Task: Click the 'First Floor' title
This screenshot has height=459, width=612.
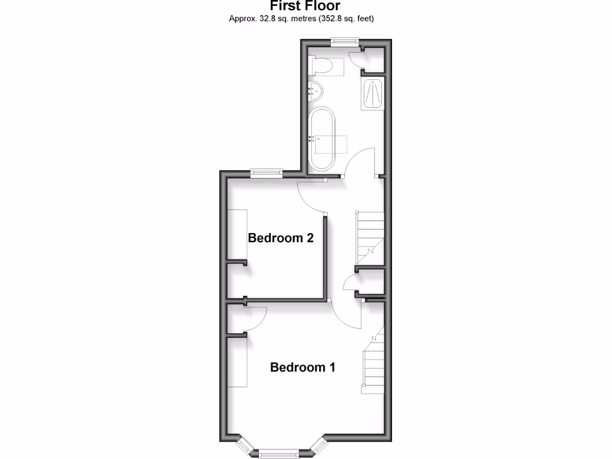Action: pos(305,6)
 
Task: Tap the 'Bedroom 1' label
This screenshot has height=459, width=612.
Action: pos(302,367)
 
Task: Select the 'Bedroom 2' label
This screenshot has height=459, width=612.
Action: pos(281,238)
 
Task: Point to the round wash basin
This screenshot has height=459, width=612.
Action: pos(316,92)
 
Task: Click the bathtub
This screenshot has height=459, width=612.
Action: pos(323,139)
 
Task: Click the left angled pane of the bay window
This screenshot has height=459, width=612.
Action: pos(244,445)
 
